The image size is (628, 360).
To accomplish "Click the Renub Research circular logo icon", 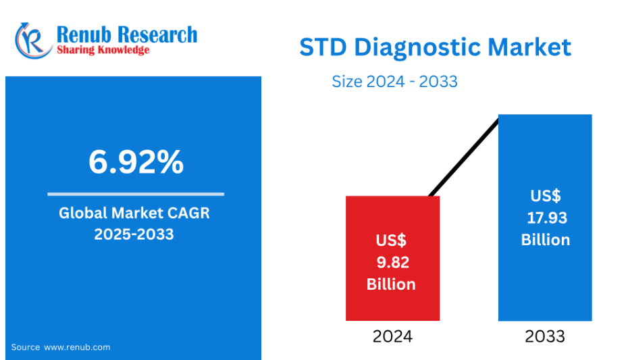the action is (x=33, y=41).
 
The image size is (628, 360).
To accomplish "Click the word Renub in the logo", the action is (x=84, y=34).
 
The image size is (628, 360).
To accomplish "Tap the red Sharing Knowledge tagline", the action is (x=103, y=50).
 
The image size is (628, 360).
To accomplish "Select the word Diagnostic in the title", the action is (x=417, y=48).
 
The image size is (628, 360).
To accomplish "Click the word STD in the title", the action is (x=323, y=47).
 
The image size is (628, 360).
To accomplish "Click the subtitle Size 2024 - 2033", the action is (x=394, y=81).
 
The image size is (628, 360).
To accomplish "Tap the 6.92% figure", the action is (x=136, y=162).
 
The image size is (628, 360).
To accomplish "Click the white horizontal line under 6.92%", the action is (x=136, y=195).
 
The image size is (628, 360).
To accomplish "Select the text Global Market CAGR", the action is (x=134, y=213).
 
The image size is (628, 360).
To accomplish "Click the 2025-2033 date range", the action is (x=134, y=234).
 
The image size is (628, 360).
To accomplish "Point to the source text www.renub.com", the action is (x=77, y=347).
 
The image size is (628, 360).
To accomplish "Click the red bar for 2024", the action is (x=392, y=258).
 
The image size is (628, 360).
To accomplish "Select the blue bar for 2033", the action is (x=545, y=217).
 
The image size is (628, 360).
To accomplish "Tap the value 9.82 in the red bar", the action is (x=392, y=262).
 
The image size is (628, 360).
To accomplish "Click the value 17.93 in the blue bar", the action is (x=547, y=218).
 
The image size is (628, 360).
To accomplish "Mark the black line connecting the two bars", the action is (x=464, y=157).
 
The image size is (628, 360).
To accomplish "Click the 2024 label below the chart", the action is (x=392, y=336).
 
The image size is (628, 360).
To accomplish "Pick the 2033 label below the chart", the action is (x=545, y=336).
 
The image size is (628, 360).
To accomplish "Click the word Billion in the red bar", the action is (x=391, y=284).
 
